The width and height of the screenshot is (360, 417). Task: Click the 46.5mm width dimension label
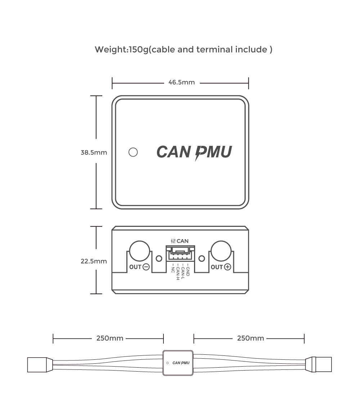pyautogui.click(x=181, y=82)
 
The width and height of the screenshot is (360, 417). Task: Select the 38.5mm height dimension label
pyautogui.click(x=94, y=152)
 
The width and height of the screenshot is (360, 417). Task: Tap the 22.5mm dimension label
pyautogui.click(x=94, y=261)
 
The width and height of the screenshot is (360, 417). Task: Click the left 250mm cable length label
pyautogui.click(x=110, y=338)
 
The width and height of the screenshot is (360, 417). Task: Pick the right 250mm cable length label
pyautogui.click(x=251, y=338)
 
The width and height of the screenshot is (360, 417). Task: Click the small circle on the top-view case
pyautogui.click(x=133, y=152)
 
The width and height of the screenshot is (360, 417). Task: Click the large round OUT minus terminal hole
pyautogui.click(x=139, y=251)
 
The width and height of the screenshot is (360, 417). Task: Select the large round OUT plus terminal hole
pyautogui.click(x=221, y=251)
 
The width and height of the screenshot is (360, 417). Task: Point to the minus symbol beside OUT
pyautogui.click(x=146, y=267)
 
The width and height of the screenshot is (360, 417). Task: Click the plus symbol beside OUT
pyautogui.click(x=228, y=267)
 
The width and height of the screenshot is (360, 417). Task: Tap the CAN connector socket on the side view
pyautogui.click(x=180, y=253)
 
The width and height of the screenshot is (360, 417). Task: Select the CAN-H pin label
pyautogui.click(x=178, y=272)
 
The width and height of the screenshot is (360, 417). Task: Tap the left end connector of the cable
pyautogui.click(x=37, y=364)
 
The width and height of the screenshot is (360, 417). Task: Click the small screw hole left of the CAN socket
pyautogui.click(x=159, y=258)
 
